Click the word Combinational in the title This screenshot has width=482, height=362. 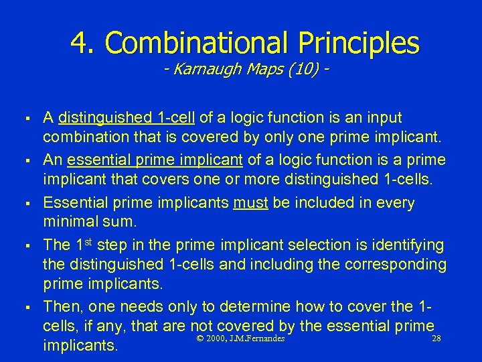point(195,43)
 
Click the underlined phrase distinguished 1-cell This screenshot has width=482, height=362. point(127,118)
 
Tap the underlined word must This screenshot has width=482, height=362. point(250,202)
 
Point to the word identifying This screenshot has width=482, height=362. point(406,245)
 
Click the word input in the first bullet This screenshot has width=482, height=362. point(383,118)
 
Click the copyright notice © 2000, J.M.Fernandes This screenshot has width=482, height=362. point(241,339)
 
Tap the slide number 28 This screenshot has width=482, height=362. point(436,339)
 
